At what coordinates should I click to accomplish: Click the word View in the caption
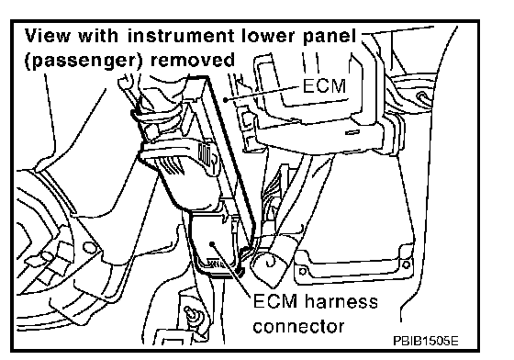47,36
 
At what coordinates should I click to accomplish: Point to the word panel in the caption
330,36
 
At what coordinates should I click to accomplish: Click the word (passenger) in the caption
84,61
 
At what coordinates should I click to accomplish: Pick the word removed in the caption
192,60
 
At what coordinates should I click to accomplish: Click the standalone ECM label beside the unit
324,86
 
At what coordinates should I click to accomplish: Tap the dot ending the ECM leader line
225,99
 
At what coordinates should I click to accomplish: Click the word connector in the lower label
298,327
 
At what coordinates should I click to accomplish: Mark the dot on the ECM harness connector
212,243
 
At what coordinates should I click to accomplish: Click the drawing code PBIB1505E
426,342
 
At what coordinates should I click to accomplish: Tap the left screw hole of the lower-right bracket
303,271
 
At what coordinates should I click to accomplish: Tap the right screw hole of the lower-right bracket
406,264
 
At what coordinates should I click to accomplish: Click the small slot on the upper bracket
352,132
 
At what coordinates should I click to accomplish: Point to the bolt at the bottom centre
190,314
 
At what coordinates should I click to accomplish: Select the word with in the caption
98,36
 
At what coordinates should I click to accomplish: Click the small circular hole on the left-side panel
88,248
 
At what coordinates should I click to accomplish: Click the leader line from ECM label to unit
263,93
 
